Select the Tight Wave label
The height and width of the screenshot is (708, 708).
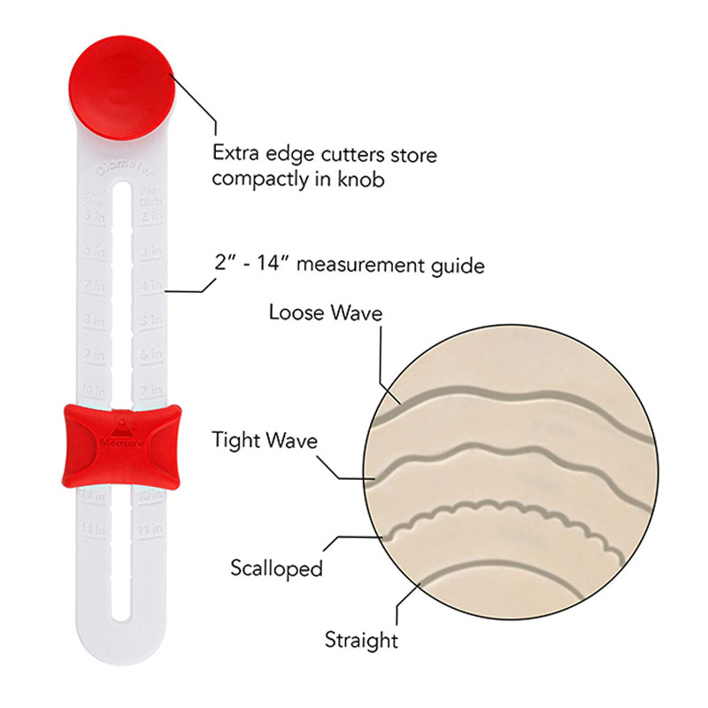(x=265, y=440)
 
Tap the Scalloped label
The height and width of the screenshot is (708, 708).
(x=276, y=568)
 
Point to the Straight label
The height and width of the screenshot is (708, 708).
(x=361, y=639)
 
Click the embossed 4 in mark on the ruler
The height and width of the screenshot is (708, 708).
(x=151, y=286)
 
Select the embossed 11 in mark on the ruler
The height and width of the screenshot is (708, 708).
(x=151, y=528)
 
